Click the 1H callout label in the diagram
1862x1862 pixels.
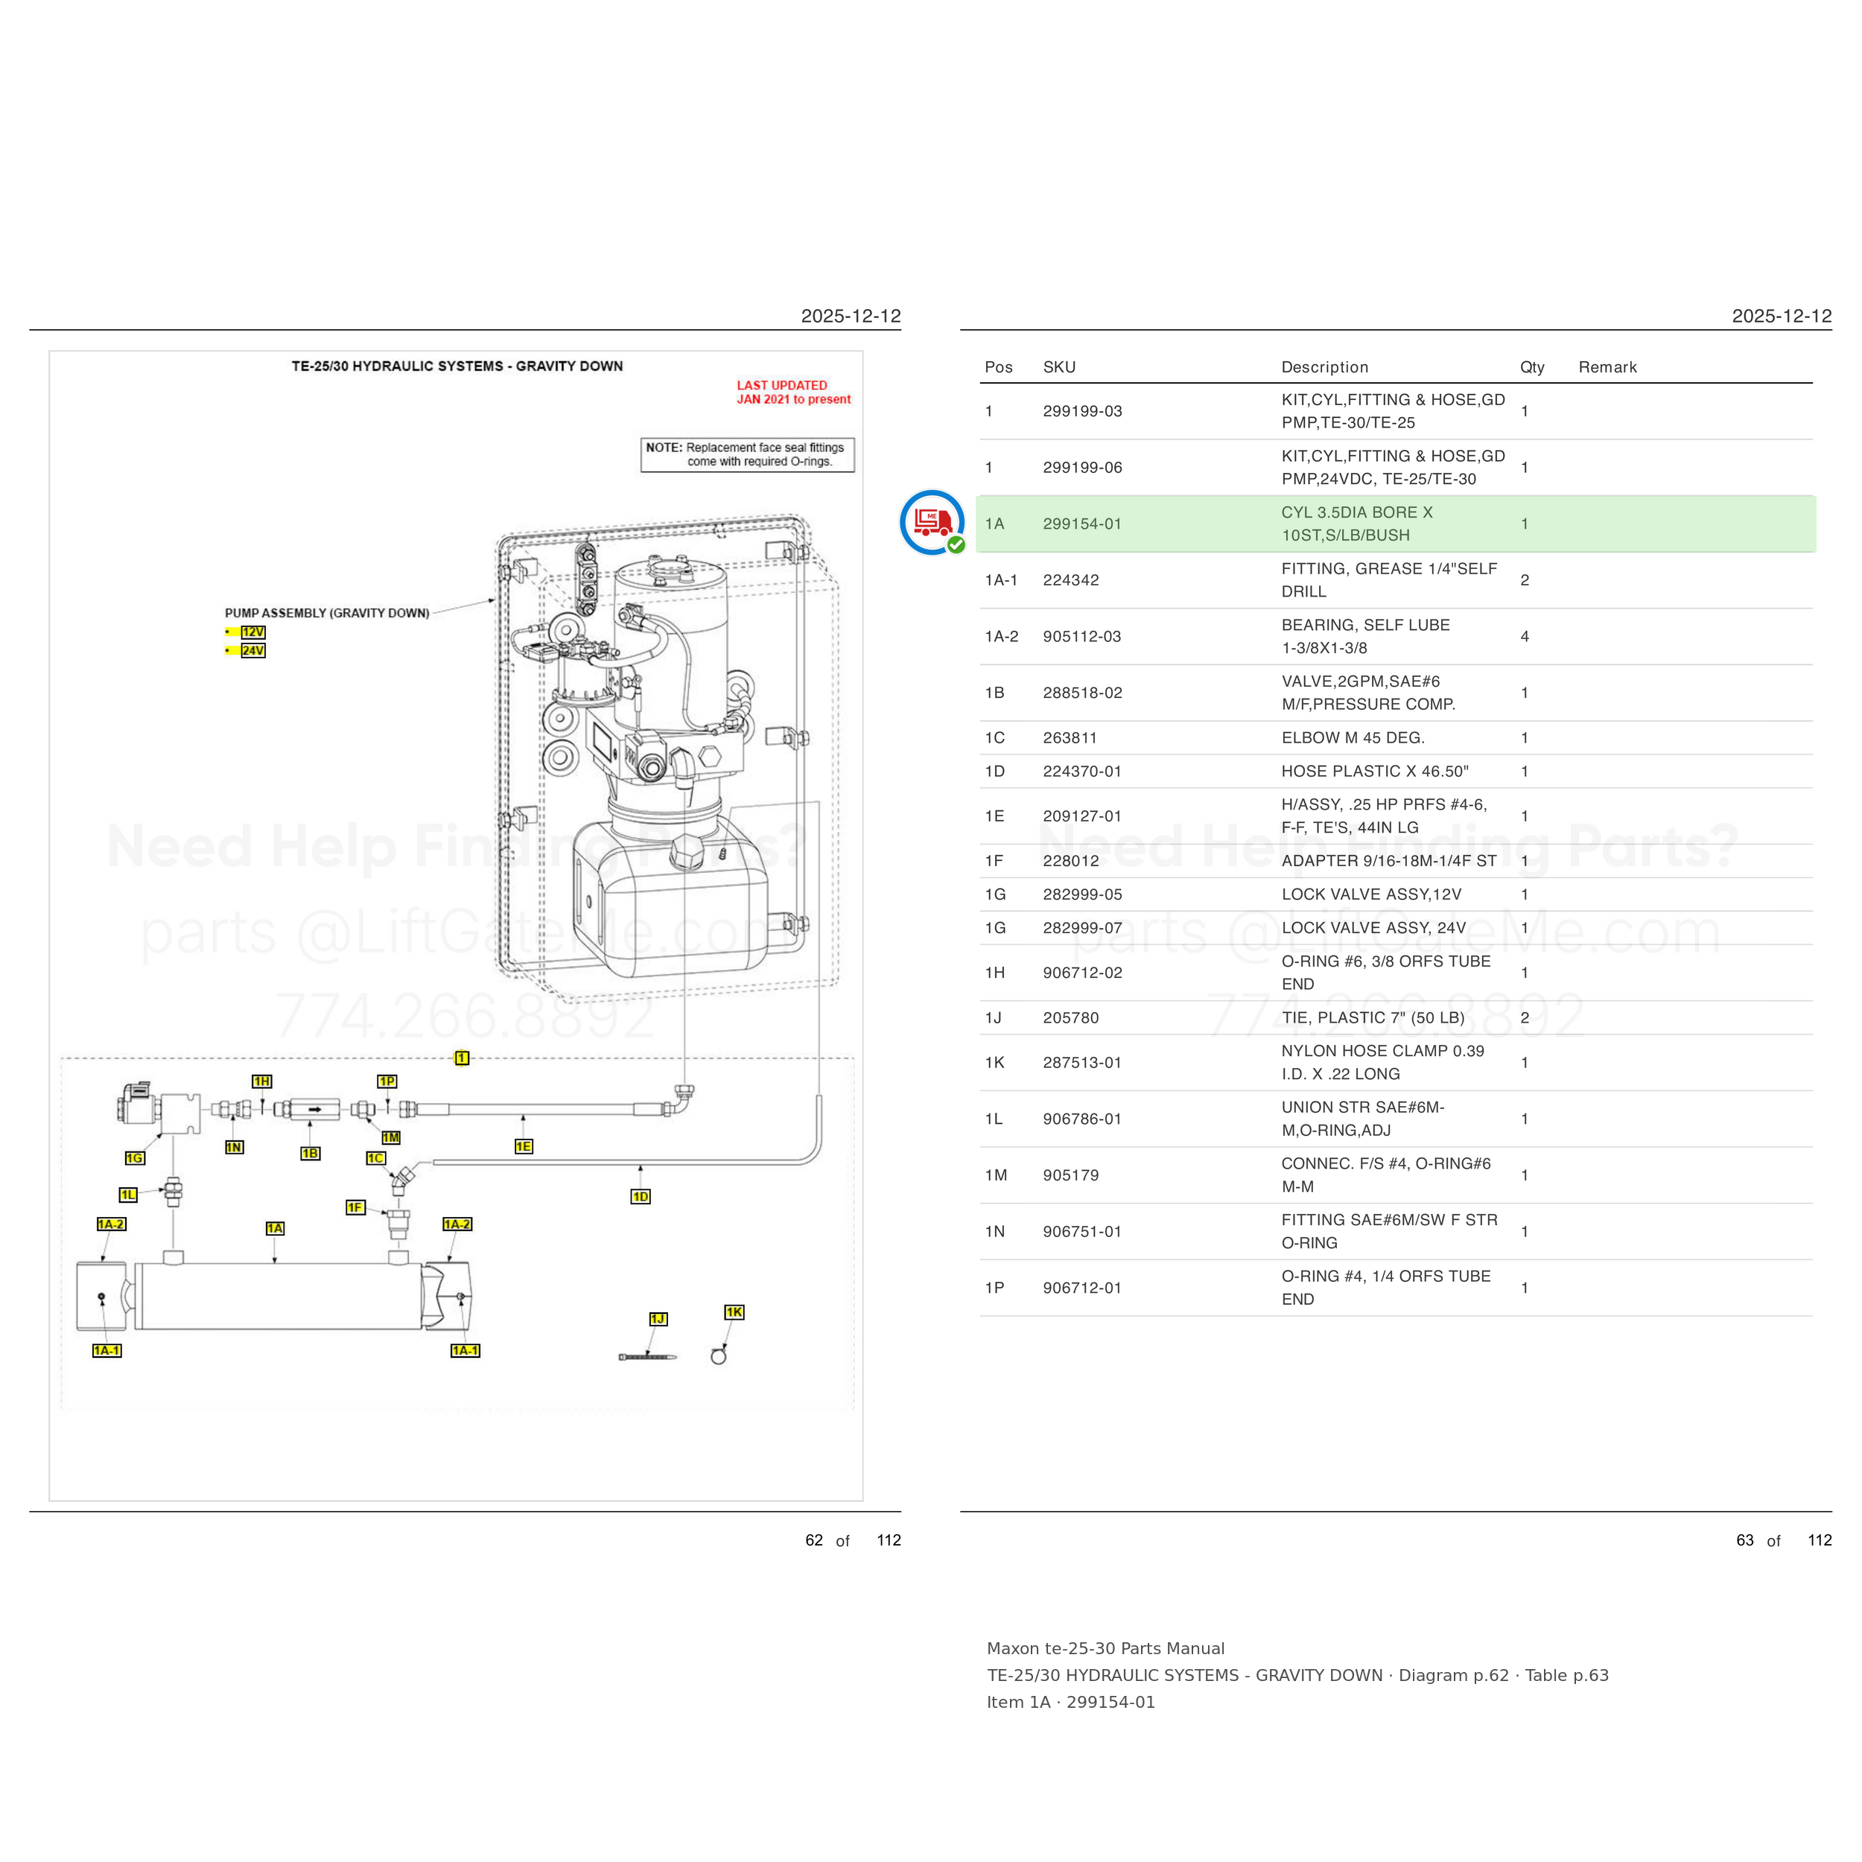pyautogui.click(x=261, y=1081)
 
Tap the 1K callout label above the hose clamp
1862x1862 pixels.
pyautogui.click(x=734, y=1312)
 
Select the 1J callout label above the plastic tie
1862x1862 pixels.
pyautogui.click(x=658, y=1318)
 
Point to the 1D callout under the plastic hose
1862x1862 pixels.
pyautogui.click(x=641, y=1196)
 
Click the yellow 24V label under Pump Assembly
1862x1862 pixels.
pyautogui.click(x=252, y=650)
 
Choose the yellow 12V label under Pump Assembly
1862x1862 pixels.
pyautogui.click(x=252, y=632)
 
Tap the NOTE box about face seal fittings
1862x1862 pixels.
pyautogui.click(x=747, y=455)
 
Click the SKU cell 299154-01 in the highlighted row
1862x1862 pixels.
pyautogui.click(x=1082, y=524)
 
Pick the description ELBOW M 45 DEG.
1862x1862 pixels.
pyautogui.click(x=1353, y=737)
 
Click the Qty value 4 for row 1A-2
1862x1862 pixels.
pyautogui.click(x=1525, y=636)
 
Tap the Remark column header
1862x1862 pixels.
pyautogui.click(x=1607, y=367)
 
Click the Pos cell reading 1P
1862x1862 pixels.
pyautogui.click(x=994, y=1288)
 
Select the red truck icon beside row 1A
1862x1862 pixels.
pyautogui.click(x=932, y=522)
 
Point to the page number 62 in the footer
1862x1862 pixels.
pyautogui.click(x=814, y=1540)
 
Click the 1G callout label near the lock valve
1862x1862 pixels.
pyautogui.click(x=134, y=1157)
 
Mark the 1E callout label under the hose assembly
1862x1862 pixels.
pyautogui.click(x=524, y=1146)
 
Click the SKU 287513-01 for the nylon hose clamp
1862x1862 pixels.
pyautogui.click(x=1082, y=1062)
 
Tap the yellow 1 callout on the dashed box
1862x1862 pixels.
pyautogui.click(x=462, y=1058)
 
